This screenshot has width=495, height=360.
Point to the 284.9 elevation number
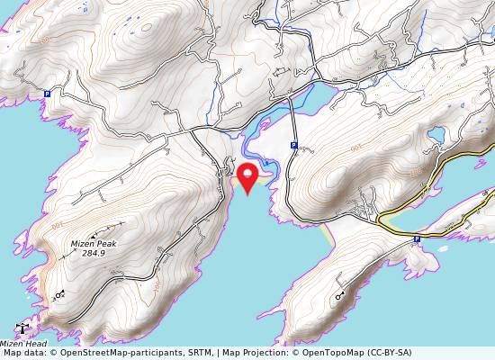(x=94, y=254)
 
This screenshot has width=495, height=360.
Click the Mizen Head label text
(x=22, y=344)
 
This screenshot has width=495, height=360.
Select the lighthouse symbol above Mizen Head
(x=22, y=329)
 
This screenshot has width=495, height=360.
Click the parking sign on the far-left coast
(x=47, y=93)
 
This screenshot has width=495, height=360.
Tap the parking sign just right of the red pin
(x=293, y=145)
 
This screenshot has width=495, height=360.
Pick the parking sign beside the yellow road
(x=417, y=239)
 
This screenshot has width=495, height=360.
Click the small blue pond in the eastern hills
(x=436, y=136)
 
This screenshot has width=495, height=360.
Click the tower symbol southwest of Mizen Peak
(x=60, y=293)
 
